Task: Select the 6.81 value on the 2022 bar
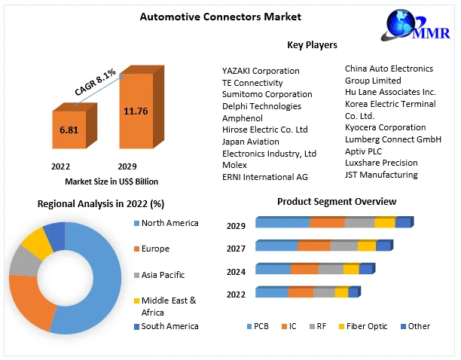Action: pyautogui.click(x=69, y=130)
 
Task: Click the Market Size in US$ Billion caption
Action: pyautogui.click(x=111, y=181)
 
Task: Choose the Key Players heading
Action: pyautogui.click(x=312, y=45)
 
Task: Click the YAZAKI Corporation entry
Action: pyautogui.click(x=261, y=71)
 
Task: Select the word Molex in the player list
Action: pyautogui.click(x=234, y=165)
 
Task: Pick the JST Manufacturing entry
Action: pyautogui.click(x=380, y=175)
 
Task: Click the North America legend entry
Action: pyautogui.click(x=169, y=223)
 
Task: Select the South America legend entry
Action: pyautogui.click(x=169, y=326)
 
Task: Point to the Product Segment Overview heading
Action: pyautogui.click(x=336, y=202)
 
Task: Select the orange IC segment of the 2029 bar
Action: pyautogui.click(x=327, y=222)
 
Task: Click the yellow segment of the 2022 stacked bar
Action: pyautogui.click(x=341, y=292)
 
